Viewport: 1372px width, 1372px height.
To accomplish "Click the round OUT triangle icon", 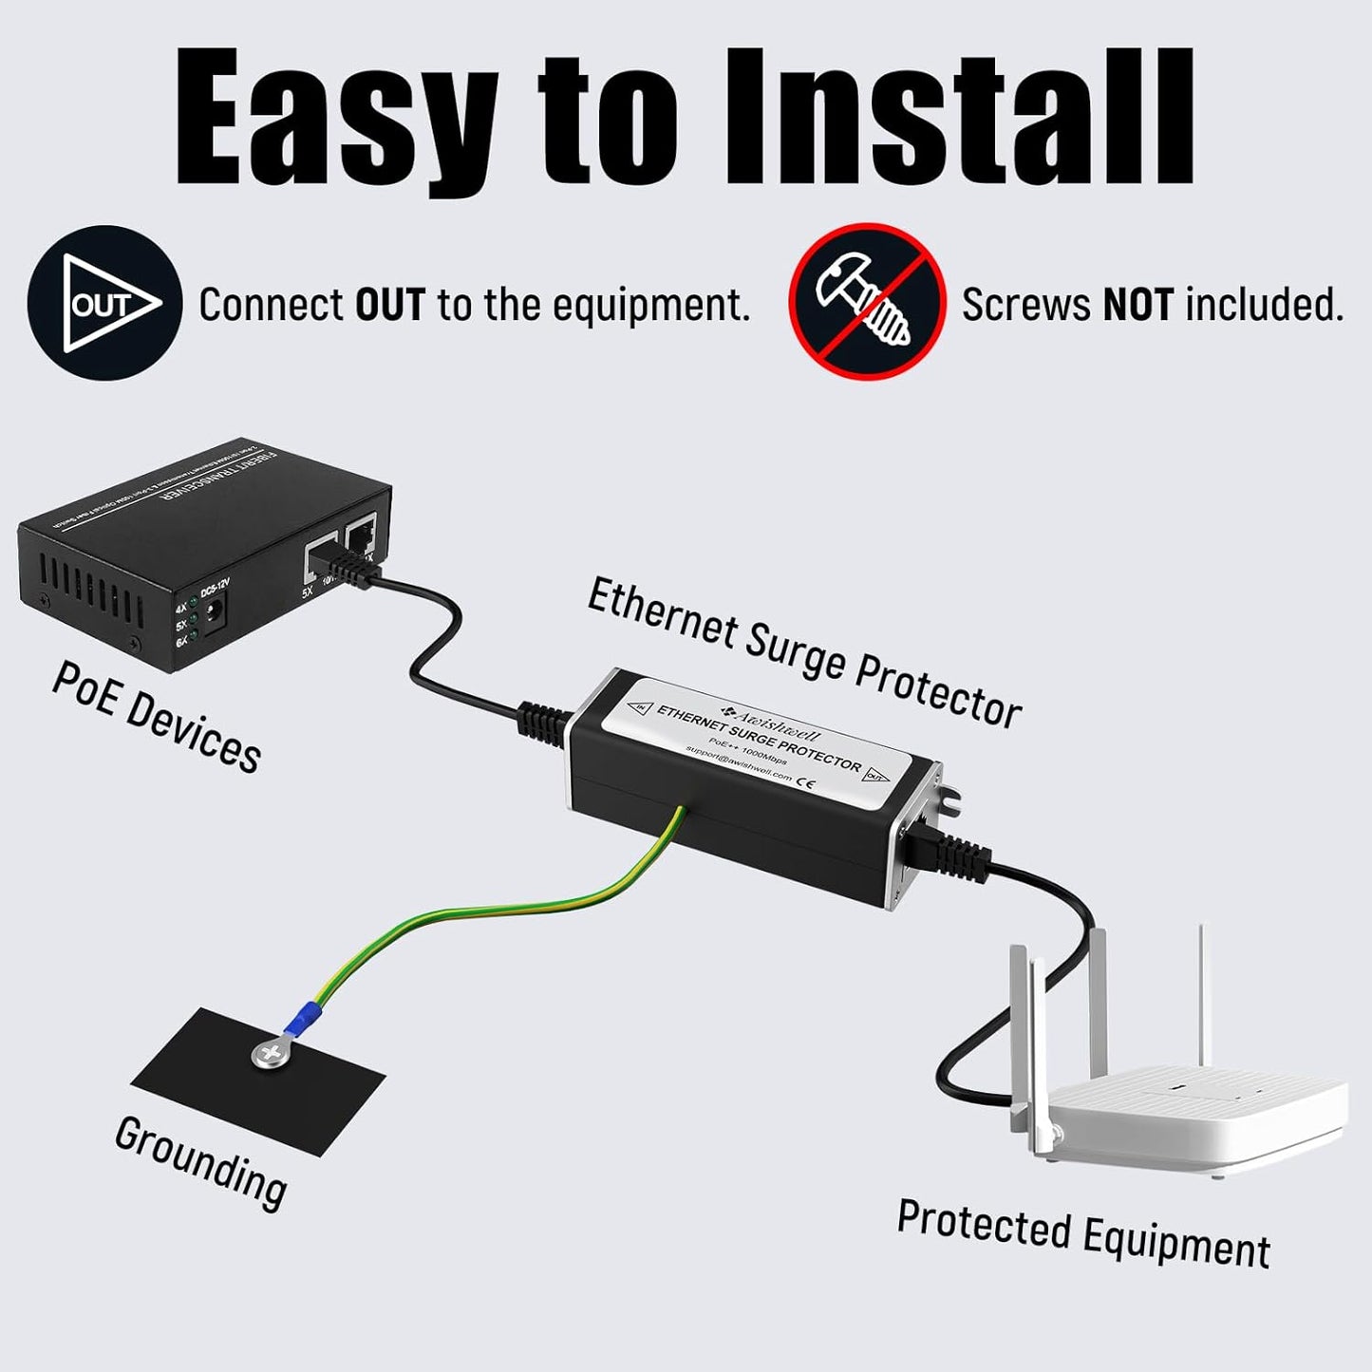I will pos(103,304).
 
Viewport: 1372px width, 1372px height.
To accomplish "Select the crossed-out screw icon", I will pos(866,302).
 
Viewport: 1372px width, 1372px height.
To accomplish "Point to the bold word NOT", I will pos(1137,305).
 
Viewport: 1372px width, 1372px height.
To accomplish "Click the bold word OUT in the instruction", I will pos(389,305).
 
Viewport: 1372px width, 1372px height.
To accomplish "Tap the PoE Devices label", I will pos(157,717).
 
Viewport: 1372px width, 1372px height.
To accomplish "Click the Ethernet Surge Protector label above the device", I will pos(803,652).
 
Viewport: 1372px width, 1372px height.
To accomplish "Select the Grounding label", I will pos(200,1162).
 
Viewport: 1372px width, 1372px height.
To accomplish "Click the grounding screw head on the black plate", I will pos(271,1052).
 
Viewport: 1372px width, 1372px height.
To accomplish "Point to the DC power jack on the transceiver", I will pos(216,612).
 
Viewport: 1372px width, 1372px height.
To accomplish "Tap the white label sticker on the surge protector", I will pos(760,741).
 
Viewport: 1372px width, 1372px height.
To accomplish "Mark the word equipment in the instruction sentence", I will pos(649,305).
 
